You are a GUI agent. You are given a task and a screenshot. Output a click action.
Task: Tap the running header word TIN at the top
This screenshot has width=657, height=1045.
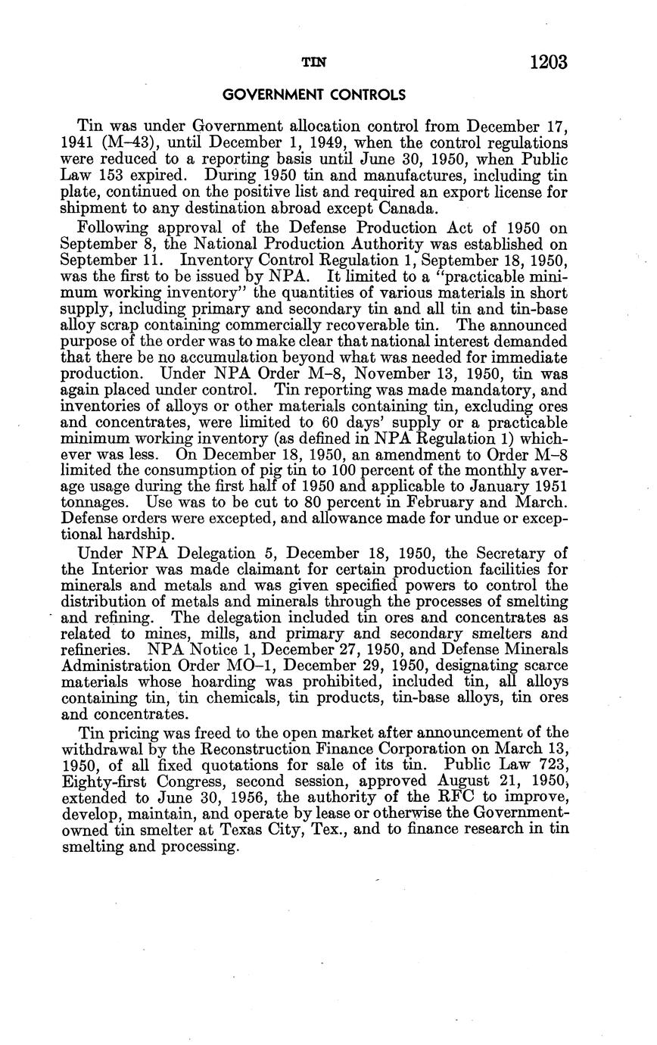313,64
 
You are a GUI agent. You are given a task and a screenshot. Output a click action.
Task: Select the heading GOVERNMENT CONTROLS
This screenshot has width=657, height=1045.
313,95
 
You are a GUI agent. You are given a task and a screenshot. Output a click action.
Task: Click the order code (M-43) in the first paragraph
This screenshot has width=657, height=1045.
116,143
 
